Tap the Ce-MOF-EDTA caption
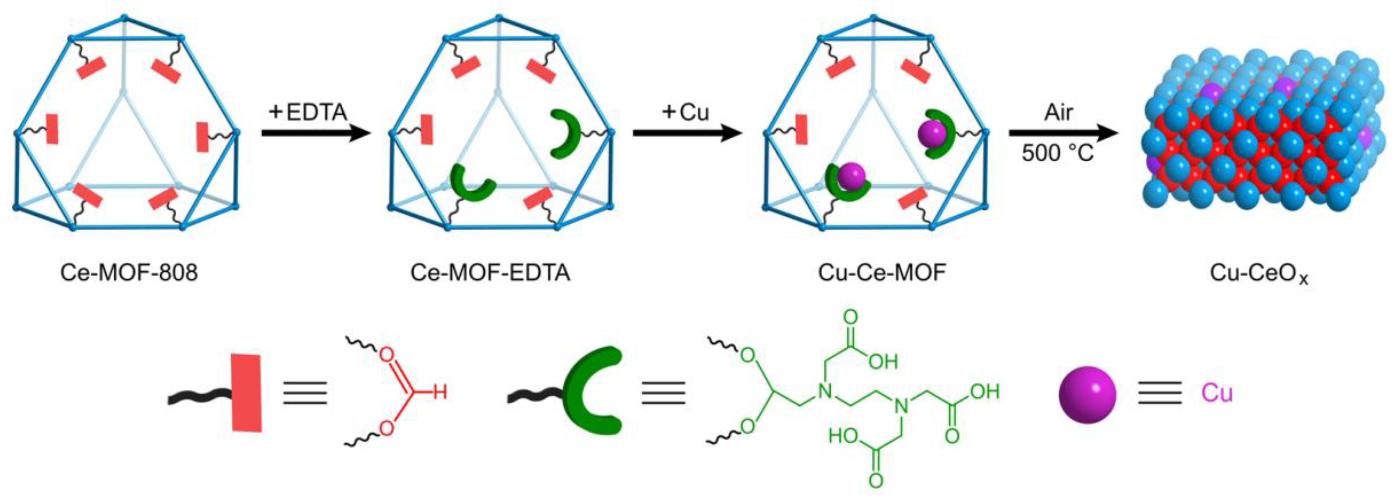tap(490, 272)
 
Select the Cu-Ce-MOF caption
tap(882, 272)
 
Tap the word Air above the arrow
tap(1059, 112)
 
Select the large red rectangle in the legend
tap(247, 392)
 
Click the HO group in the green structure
tap(843, 436)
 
